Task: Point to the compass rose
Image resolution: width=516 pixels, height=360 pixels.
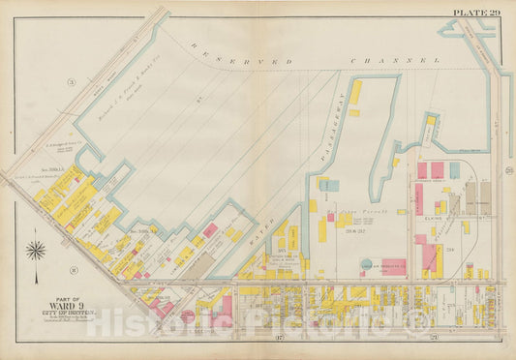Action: coord(36,251)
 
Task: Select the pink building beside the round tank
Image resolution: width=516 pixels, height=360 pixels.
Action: coord(392,266)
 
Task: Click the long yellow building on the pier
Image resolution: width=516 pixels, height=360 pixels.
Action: coord(355,93)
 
